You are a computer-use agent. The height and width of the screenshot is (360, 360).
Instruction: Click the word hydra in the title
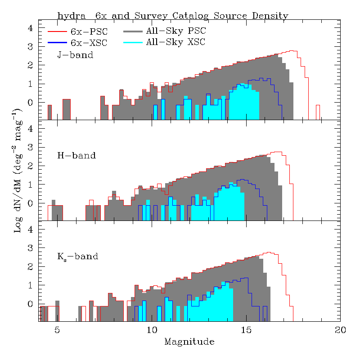tap(72, 16)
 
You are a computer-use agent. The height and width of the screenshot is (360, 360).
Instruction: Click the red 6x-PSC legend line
tap(57, 31)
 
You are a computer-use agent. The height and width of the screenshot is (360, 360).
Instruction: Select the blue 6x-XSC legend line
tap(57, 43)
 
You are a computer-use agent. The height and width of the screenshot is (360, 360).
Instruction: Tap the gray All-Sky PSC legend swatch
tap(133, 31)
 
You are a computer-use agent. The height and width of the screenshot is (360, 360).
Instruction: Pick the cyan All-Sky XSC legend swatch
tap(133, 42)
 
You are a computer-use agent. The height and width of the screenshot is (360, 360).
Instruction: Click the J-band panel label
tap(75, 55)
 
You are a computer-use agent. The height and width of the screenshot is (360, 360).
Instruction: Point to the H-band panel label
tap(76, 156)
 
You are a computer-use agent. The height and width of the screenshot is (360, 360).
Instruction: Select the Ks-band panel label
tap(77, 256)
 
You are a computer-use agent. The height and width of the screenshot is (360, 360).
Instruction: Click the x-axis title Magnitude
tap(189, 342)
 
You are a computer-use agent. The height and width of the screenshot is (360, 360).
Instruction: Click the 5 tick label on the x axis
tap(57, 330)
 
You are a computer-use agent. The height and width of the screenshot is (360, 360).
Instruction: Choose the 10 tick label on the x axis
tap(152, 330)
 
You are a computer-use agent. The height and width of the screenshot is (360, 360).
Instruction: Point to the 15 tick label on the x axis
tap(246, 330)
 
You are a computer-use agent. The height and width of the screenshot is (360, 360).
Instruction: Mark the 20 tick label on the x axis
tap(340, 330)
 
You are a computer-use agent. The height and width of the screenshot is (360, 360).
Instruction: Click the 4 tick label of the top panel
tap(30, 28)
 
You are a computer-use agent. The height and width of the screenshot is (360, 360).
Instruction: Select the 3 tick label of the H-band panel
tap(30, 148)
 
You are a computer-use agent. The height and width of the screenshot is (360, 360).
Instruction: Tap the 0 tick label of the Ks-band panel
tap(30, 304)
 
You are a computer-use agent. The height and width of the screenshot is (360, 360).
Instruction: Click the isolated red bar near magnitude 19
tap(318, 112)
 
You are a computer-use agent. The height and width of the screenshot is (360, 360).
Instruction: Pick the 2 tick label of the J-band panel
tap(30, 65)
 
